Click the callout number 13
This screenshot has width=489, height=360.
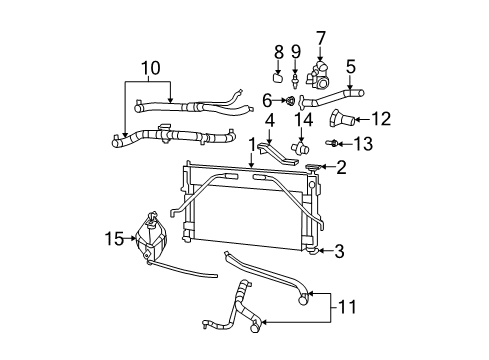(x=362, y=144)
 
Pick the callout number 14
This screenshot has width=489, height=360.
(x=304, y=120)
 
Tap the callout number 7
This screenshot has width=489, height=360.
(x=321, y=38)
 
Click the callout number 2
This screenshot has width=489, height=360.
(x=340, y=168)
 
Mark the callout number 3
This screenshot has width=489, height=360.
(x=340, y=250)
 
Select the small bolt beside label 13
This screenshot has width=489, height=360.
(x=336, y=145)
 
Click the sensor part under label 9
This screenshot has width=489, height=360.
(x=297, y=76)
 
